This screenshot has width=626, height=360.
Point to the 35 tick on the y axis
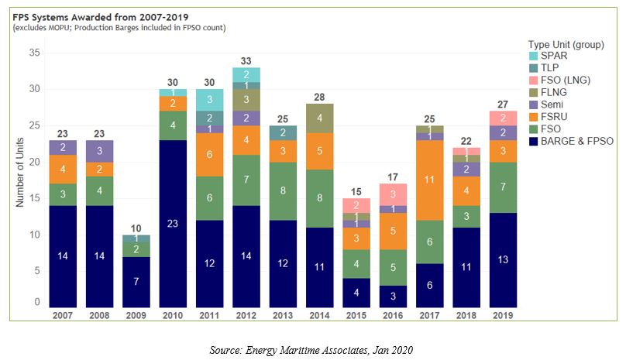pos(35,53)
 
